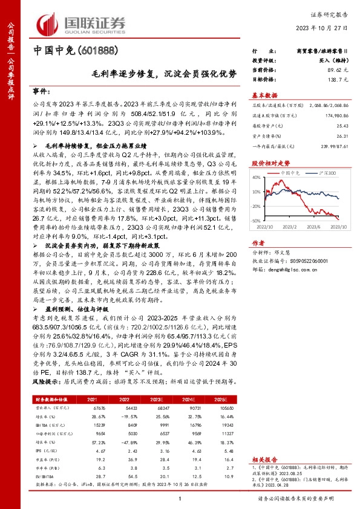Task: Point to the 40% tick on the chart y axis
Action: tap(257, 177)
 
